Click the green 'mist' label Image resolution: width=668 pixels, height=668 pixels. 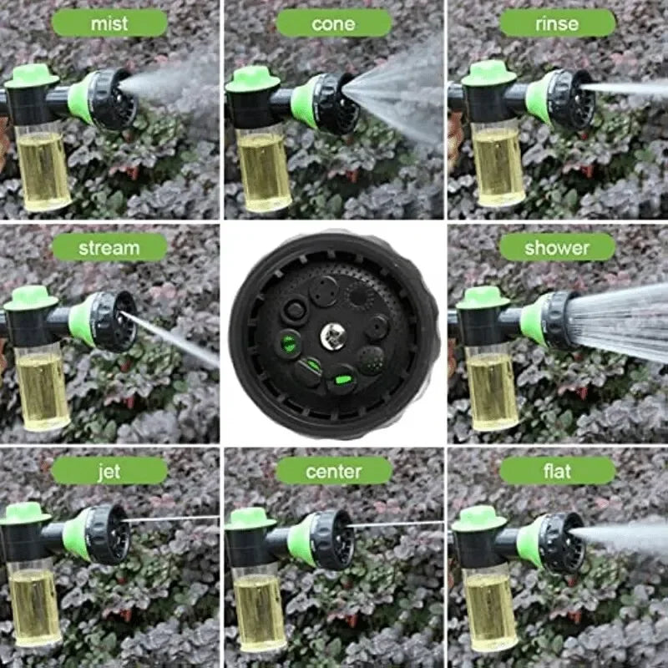pos(109,23)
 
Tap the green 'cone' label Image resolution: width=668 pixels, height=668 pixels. pos(333,23)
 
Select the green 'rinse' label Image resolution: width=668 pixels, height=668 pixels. pos(557,23)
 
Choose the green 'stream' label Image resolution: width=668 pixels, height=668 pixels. pos(109,247)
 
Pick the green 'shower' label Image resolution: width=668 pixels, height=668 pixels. pos(557,247)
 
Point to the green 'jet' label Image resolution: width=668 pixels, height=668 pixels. pos(109,471)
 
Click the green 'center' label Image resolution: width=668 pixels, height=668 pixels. pos(333,471)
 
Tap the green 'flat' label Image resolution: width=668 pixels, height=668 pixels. pos(557,471)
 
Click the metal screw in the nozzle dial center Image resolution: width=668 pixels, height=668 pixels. pos(333,336)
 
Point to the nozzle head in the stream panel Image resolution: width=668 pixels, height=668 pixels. pos(106,319)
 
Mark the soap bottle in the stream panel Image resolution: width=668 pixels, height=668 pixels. pos(43,388)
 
